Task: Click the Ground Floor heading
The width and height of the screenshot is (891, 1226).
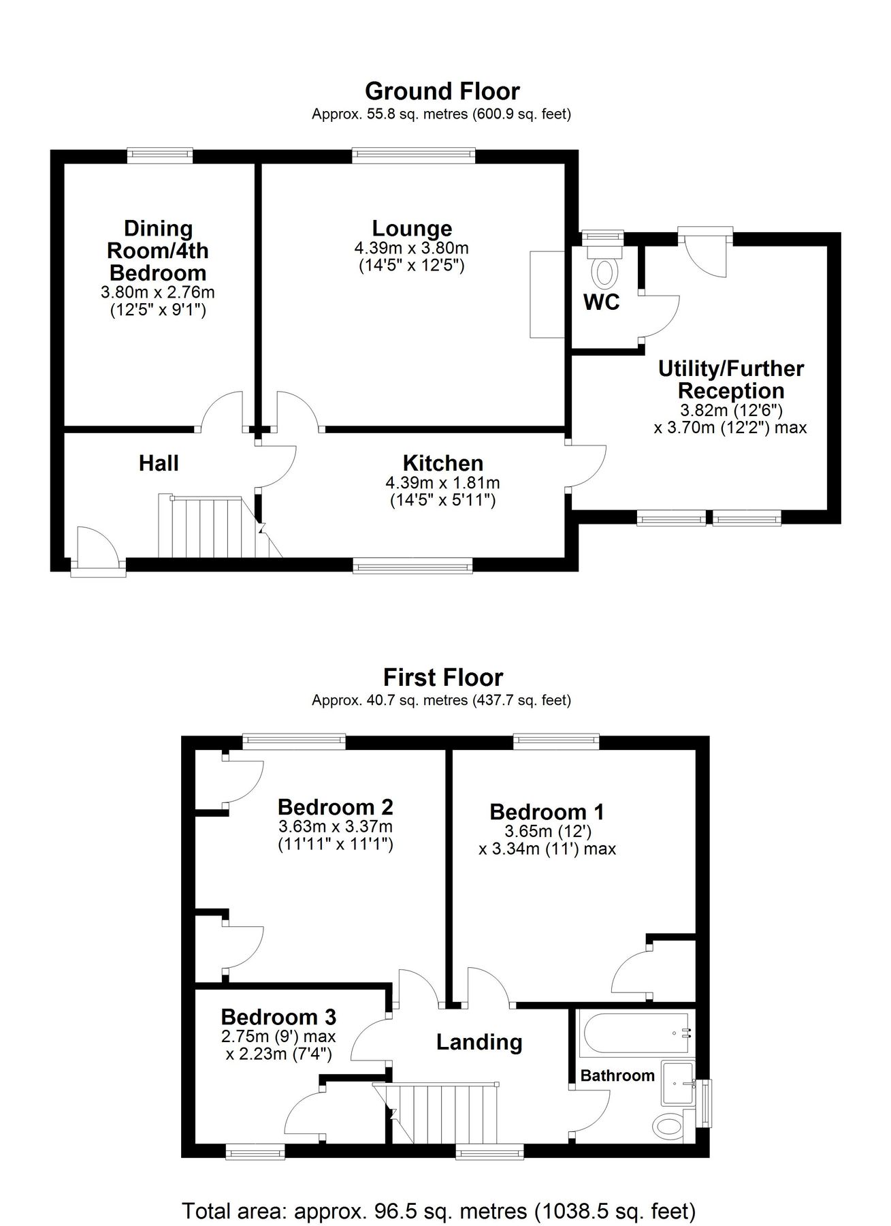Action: click(442, 91)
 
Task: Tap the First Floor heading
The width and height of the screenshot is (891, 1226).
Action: click(443, 677)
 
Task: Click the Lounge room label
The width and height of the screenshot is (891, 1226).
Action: click(412, 228)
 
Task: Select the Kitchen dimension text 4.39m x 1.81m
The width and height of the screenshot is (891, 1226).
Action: click(443, 483)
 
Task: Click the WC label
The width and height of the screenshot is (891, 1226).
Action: click(602, 302)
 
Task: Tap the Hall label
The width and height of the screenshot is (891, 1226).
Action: click(159, 463)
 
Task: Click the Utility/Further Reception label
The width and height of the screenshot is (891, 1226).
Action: click(731, 379)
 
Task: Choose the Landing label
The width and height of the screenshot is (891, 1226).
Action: click(479, 1042)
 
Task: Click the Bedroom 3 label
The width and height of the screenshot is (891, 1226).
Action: click(278, 1017)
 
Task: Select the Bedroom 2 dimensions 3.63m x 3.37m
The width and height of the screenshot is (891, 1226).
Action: click(336, 827)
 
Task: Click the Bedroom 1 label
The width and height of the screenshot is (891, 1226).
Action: click(547, 812)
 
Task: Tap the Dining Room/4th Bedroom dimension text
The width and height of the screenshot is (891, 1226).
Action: click(158, 293)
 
